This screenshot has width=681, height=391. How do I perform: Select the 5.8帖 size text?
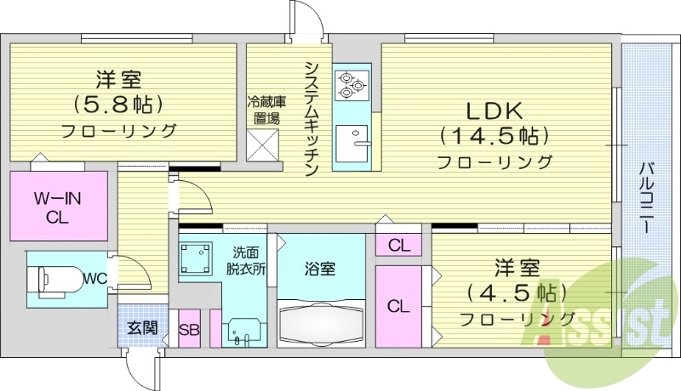click(x=118, y=105)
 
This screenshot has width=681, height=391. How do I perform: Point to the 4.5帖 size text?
click(x=517, y=294)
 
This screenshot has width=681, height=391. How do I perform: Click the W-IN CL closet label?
click(x=57, y=207)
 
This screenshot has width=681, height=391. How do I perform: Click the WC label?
click(x=94, y=276)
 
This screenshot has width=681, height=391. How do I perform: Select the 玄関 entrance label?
click(x=142, y=327)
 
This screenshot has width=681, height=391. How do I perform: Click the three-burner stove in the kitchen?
click(x=350, y=84)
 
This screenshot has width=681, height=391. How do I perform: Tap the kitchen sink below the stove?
click(x=351, y=141)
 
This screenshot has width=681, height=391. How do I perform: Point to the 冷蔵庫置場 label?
click(x=266, y=110)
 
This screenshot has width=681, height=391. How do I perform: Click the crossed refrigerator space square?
click(x=263, y=147)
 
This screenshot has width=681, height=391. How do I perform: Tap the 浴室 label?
click(x=320, y=269)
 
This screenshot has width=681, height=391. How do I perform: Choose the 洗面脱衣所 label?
click(x=249, y=258)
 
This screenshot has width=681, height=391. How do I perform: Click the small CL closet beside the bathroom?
click(x=398, y=246)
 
